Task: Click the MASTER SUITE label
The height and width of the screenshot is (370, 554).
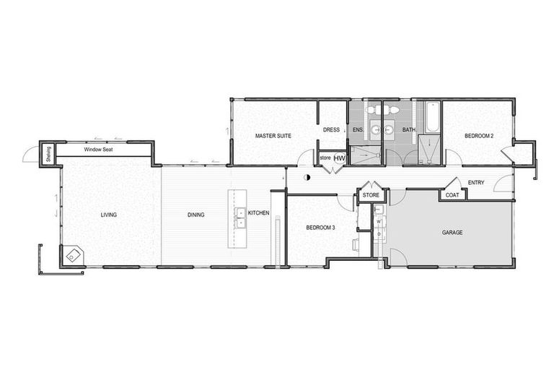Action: (x=273, y=135)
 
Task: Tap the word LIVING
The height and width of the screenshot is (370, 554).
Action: (x=109, y=215)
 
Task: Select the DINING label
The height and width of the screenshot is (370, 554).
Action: (x=195, y=215)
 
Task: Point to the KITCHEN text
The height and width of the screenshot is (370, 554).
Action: (x=258, y=213)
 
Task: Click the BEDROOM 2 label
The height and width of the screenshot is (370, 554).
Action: (x=478, y=135)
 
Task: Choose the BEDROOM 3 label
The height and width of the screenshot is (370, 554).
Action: (x=320, y=228)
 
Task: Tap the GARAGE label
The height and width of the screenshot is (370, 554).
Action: (x=452, y=233)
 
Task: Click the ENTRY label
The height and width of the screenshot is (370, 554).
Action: (x=476, y=183)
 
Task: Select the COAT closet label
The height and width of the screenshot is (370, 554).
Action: (x=452, y=194)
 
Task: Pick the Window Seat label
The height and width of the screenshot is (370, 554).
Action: (x=96, y=150)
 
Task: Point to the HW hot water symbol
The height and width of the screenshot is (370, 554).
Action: (x=339, y=158)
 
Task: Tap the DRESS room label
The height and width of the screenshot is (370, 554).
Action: (x=331, y=130)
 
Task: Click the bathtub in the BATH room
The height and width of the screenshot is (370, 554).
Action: (x=431, y=119)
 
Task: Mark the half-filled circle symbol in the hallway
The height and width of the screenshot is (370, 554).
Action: (x=307, y=177)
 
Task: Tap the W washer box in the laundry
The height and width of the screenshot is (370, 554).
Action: (x=377, y=223)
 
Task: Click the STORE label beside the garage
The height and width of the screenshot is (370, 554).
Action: (x=371, y=195)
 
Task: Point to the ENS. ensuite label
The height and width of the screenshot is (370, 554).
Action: (x=356, y=130)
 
